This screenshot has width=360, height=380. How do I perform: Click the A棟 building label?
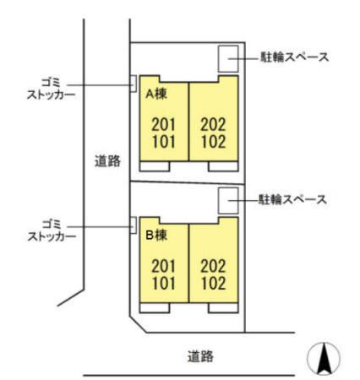coord(156,94)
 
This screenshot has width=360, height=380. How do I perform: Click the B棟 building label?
coord(156,235)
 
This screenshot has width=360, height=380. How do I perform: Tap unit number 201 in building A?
coord(163,124)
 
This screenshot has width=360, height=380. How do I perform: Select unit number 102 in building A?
coord(213,142)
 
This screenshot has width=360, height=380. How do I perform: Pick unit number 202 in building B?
coord(213,266)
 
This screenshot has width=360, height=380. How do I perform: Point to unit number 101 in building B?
coord(163,283)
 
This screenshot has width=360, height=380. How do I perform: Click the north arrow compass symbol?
coord(324,357)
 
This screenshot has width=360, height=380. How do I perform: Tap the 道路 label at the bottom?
coord(200,356)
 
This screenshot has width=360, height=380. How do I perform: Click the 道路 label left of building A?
coord(107,161)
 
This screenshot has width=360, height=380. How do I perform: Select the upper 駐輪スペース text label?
coord(294,57)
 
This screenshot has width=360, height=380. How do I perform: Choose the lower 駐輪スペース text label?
coord(293,199)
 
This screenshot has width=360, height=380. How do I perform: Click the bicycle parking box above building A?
coord(228,59)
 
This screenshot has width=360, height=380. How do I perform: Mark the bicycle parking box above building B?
coord(228,201)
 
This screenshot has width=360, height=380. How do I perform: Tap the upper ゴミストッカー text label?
coord(51,89)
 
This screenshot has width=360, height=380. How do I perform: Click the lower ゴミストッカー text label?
coord(52,231)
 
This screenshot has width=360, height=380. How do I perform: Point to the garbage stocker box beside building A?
coord(134,84)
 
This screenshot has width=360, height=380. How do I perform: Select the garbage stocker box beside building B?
coord(134,225)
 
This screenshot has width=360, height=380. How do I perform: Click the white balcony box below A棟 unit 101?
coord(155,166)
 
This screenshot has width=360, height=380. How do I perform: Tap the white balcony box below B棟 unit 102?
coord(223,308)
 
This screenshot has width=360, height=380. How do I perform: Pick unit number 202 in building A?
coord(213,124)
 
